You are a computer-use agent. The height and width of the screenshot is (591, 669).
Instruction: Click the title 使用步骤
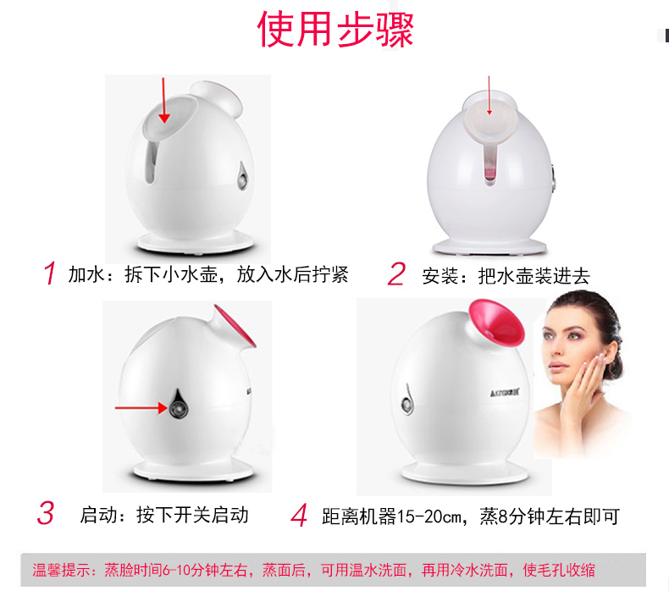(x=335, y=30)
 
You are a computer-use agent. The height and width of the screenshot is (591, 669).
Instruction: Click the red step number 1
(x=50, y=273)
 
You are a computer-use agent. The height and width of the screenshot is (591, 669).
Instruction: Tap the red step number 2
(x=396, y=274)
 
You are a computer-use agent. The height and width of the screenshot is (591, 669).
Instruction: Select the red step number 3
(x=46, y=513)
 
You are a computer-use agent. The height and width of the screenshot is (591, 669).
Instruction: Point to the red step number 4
(x=299, y=515)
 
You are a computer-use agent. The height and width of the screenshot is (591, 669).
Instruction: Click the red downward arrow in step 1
(x=163, y=100)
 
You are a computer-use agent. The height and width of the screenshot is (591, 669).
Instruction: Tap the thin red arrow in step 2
(x=489, y=96)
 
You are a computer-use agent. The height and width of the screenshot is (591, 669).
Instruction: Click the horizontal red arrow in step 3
(x=141, y=408)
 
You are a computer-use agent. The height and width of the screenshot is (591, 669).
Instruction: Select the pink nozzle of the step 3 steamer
(x=235, y=326)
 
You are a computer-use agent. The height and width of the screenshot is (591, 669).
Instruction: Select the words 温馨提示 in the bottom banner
(x=60, y=570)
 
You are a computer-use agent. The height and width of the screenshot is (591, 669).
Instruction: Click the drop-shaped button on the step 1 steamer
(x=243, y=175)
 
